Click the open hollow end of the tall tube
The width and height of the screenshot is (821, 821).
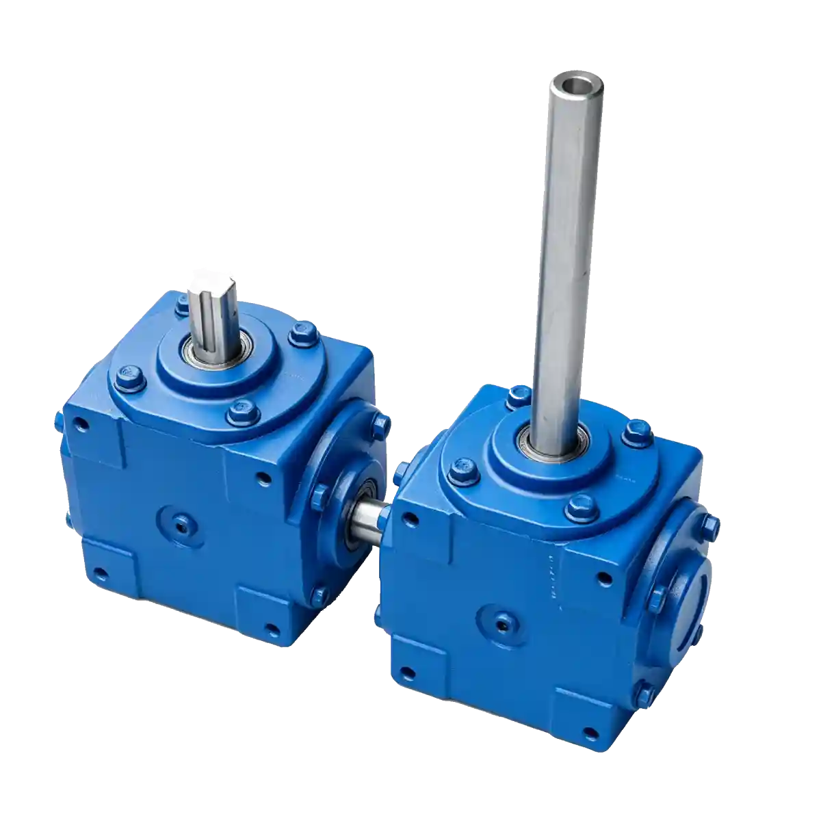click(578, 86)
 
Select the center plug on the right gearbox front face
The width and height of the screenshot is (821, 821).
click(503, 623)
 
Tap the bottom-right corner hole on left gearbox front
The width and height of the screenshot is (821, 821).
click(273, 630)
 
